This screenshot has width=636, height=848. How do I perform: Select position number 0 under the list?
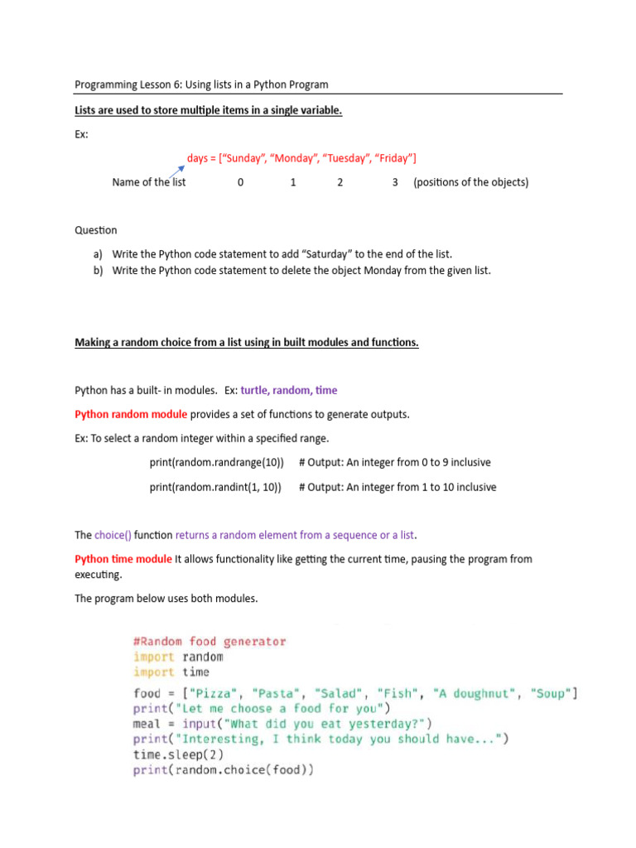pos(240,182)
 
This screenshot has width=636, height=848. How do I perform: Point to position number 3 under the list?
pos(395,182)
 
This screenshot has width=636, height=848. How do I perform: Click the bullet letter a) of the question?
pos(98,254)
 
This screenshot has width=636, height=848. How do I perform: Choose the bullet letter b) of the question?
pos(98,270)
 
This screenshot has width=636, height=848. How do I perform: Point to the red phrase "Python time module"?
pos(123,559)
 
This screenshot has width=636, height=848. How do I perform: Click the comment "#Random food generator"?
pos(210,641)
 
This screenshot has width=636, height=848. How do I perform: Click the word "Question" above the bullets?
pos(96,230)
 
